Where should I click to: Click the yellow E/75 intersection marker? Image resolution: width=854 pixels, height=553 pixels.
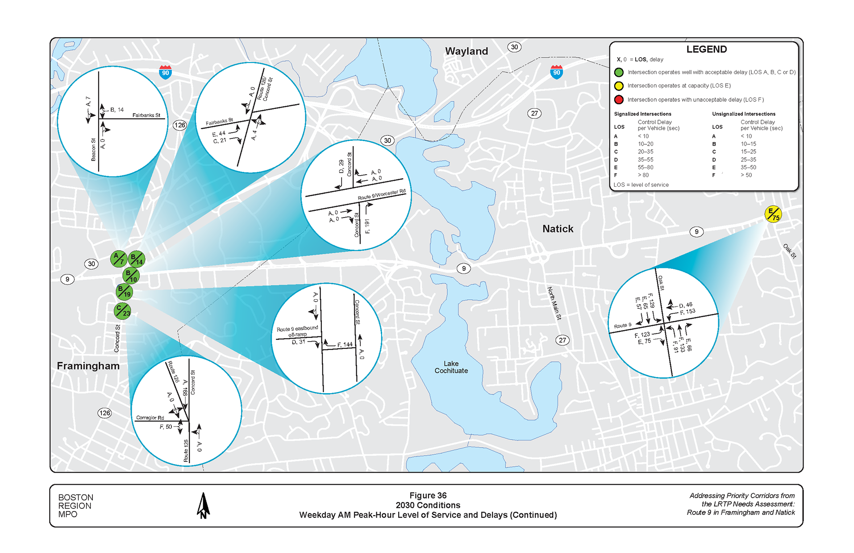pyautogui.click(x=773, y=214)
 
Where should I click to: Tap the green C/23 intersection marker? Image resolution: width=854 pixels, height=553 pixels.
pyautogui.click(x=122, y=310)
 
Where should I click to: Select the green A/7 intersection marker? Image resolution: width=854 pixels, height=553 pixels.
pyautogui.click(x=119, y=258)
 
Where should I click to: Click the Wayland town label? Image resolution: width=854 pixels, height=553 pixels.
pyautogui.click(x=466, y=51)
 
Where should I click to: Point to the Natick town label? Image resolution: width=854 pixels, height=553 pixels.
pyautogui.click(x=557, y=229)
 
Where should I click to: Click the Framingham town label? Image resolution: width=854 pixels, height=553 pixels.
pyautogui.click(x=88, y=366)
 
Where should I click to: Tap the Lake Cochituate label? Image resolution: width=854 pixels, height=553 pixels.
pyautogui.click(x=451, y=367)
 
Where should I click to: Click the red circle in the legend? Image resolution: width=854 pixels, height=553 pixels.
pyautogui.click(x=618, y=100)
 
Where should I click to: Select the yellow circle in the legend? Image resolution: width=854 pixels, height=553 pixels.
pyautogui.click(x=618, y=86)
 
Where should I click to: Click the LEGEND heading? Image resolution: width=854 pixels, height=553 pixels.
pyautogui.click(x=706, y=49)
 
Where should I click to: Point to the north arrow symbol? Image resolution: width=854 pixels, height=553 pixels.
pyautogui.click(x=203, y=506)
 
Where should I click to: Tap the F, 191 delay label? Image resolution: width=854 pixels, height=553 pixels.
pyautogui.click(x=367, y=226)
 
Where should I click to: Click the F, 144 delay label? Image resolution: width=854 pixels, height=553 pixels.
pyautogui.click(x=345, y=344)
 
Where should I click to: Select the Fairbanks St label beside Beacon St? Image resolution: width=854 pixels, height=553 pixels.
pyautogui.click(x=146, y=115)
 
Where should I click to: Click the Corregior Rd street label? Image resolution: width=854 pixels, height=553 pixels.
pyautogui.click(x=150, y=418)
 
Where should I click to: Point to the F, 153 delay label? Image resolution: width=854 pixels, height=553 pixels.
pyautogui.click(x=687, y=312)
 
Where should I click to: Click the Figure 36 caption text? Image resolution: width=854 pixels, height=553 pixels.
pyautogui.click(x=428, y=495)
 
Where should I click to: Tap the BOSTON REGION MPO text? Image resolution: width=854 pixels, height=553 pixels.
pyautogui.click(x=75, y=506)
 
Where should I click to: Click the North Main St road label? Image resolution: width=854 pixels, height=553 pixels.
pyautogui.click(x=554, y=303)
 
